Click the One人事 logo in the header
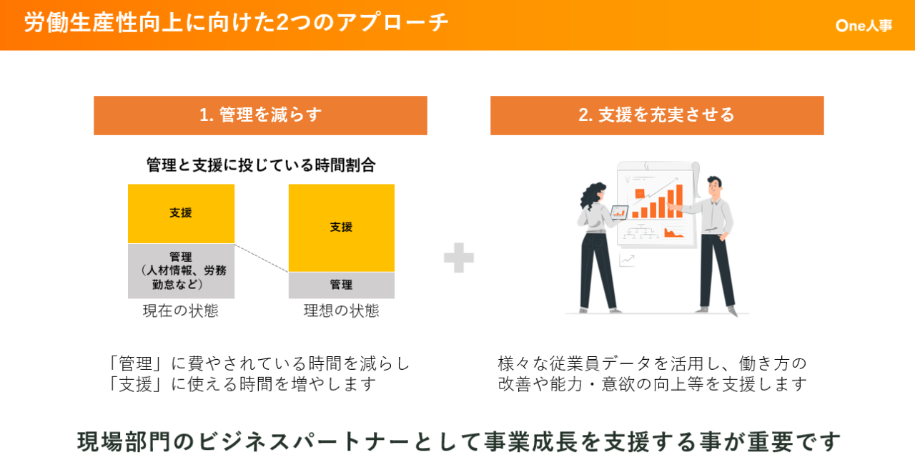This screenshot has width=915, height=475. [864, 26]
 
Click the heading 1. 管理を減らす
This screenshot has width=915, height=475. [261, 115]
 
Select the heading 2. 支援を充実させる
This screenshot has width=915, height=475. [657, 115]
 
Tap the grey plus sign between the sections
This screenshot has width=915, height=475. [459, 258]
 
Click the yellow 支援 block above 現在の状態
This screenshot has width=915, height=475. [181, 213]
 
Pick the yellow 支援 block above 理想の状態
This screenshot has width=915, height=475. [342, 227]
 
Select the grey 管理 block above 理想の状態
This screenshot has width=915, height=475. [342, 285]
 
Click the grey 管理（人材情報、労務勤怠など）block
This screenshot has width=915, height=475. [181, 271]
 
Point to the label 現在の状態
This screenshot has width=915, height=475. [181, 310]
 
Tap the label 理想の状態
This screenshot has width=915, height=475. [341, 310]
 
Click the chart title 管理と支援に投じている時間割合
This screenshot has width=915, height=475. [261, 165]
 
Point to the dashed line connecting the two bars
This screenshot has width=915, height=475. [262, 258]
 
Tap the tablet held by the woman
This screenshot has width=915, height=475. [619, 212]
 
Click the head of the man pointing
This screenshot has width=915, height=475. [715, 187]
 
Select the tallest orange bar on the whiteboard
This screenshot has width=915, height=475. [679, 201]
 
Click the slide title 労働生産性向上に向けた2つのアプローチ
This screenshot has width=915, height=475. [237, 22]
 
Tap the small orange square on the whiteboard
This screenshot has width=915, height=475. [640, 193]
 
